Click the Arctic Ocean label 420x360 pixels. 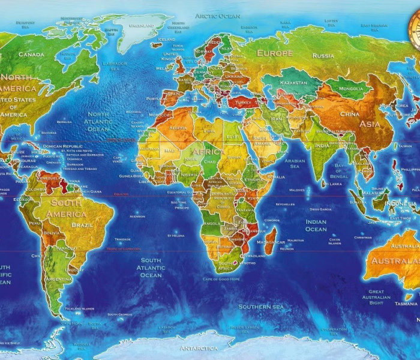coord(217,16)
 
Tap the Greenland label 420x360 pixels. coord(142,26)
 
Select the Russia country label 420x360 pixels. coord(323,56)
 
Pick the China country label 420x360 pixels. coord(349,113)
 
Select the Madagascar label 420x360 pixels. coord(271,242)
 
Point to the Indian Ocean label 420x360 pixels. coord(316,226)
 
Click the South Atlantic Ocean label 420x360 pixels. coord(151,268)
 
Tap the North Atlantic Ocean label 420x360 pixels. coord(98,121)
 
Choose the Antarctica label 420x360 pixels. coord(199,349)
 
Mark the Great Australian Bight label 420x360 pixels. coord(376,297)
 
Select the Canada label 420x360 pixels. coord(31,55)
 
